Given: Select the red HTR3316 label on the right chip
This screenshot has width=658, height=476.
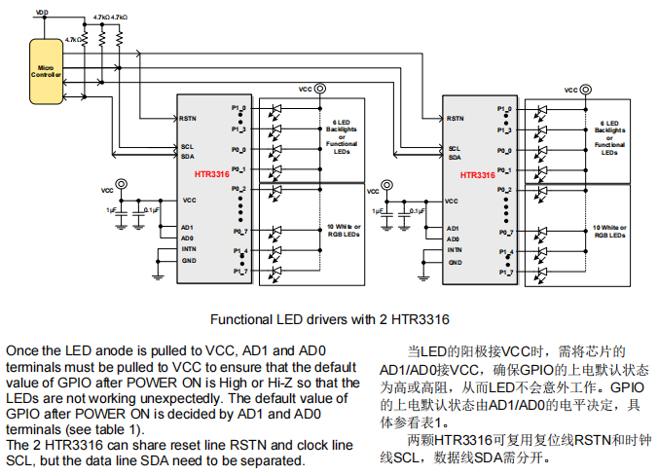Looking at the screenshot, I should [477, 176].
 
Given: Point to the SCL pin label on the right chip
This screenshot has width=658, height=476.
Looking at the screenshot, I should [455, 148].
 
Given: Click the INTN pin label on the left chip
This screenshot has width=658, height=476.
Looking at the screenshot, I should [189, 249].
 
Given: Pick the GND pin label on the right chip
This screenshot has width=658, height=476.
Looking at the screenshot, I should [455, 260].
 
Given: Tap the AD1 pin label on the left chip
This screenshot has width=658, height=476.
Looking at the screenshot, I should [187, 228].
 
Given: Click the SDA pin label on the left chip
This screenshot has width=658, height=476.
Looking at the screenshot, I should [187, 157].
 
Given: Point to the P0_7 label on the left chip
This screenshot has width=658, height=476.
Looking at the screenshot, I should [239, 232].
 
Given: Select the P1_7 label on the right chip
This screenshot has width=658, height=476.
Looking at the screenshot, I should [504, 272].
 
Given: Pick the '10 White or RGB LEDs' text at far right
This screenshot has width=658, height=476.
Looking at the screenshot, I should [609, 232].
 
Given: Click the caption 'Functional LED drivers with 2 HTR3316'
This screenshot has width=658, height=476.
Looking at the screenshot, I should [330, 319].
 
